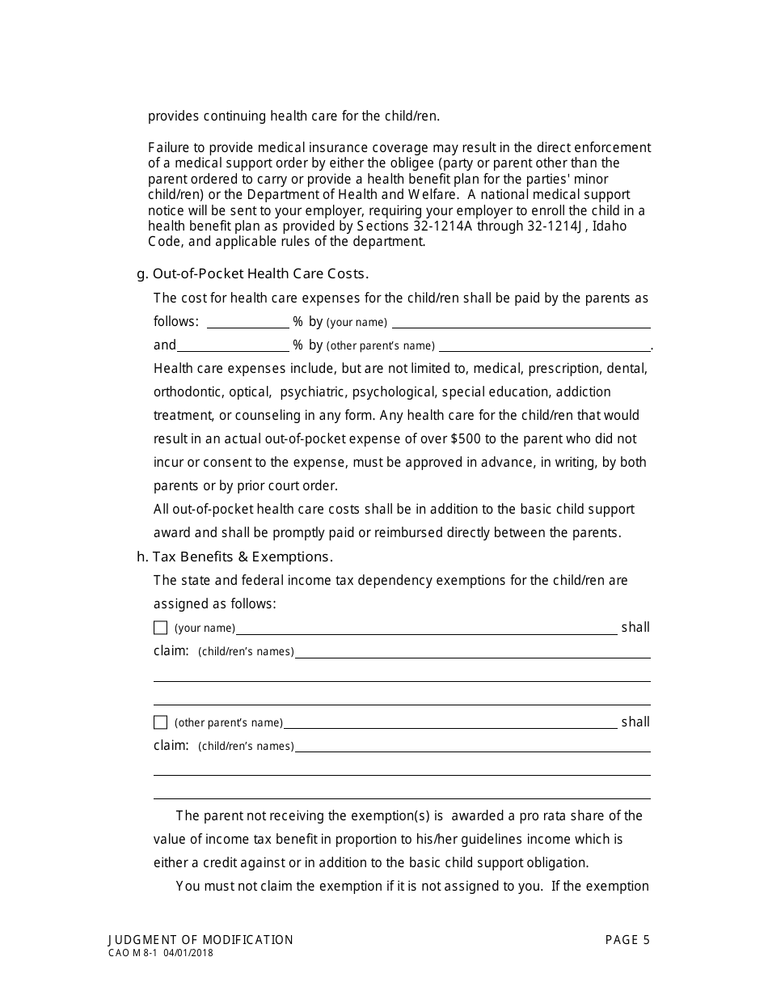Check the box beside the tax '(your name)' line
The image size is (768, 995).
[x=160, y=628]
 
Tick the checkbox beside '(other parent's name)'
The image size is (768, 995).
[x=160, y=722]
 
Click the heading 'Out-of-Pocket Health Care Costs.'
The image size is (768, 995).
[x=260, y=273]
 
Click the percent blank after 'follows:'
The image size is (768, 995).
[x=247, y=322]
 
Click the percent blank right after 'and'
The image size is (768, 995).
[x=233, y=345]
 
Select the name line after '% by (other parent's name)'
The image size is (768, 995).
[x=543, y=345]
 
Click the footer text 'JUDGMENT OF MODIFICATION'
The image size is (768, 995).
[x=200, y=939]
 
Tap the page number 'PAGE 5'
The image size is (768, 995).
[x=627, y=939]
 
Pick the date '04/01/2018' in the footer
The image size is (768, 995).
[x=188, y=953]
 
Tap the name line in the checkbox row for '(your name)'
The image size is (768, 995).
[x=426, y=628]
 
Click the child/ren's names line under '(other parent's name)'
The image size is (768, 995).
[x=472, y=746]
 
